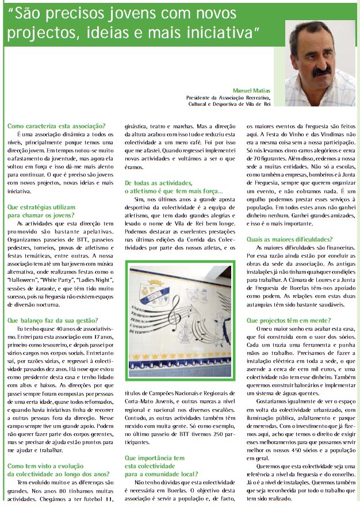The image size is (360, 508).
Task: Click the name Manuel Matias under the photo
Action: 251,91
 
